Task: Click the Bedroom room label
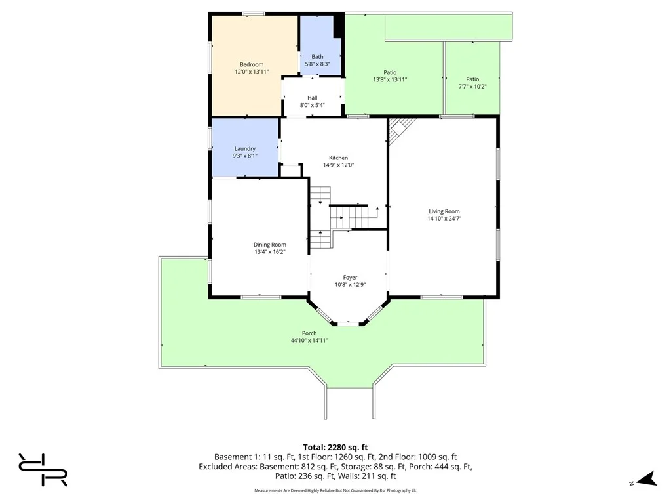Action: (252, 64)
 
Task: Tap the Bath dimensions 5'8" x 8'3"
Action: (317, 64)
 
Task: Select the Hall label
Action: (313, 98)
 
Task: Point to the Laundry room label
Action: (245, 149)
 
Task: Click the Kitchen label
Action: (339, 157)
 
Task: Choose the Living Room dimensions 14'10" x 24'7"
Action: (444, 218)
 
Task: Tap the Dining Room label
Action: (269, 245)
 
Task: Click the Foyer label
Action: (350, 278)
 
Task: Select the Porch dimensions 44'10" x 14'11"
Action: (309, 341)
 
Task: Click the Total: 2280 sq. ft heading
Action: (335, 448)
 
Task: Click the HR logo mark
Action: (43, 470)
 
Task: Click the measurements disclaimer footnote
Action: (335, 490)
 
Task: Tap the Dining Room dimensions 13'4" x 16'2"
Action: (269, 252)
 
